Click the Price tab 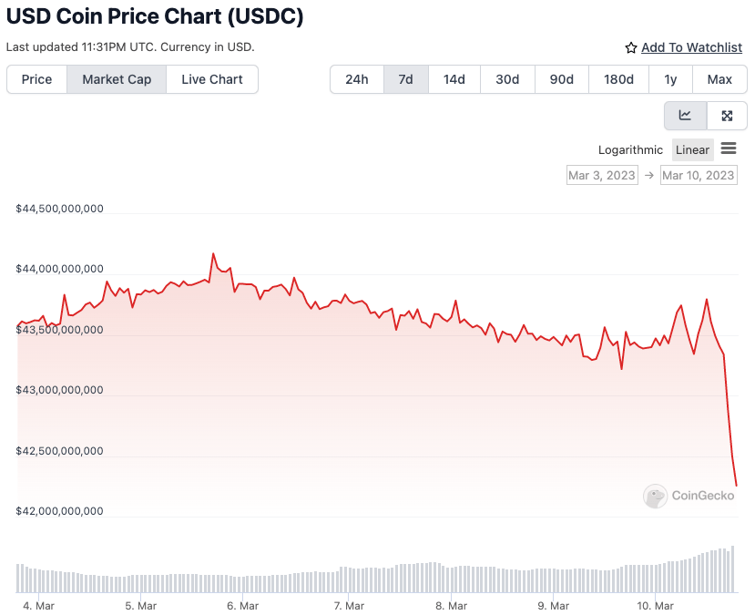[36, 79]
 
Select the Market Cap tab [117, 79]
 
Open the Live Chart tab [212, 79]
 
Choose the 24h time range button [357, 79]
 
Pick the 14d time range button [454, 79]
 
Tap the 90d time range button [561, 79]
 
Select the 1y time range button [670, 79]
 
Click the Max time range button [719, 79]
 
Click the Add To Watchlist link [691, 47]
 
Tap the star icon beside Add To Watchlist [631, 47]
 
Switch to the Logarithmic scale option [630, 149]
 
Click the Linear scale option [692, 149]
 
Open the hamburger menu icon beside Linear [729, 149]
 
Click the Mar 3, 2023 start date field [602, 175]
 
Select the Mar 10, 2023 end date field [699, 175]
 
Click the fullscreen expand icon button [727, 116]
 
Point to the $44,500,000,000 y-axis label [60, 209]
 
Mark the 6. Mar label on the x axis [242, 606]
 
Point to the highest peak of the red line [213, 254]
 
